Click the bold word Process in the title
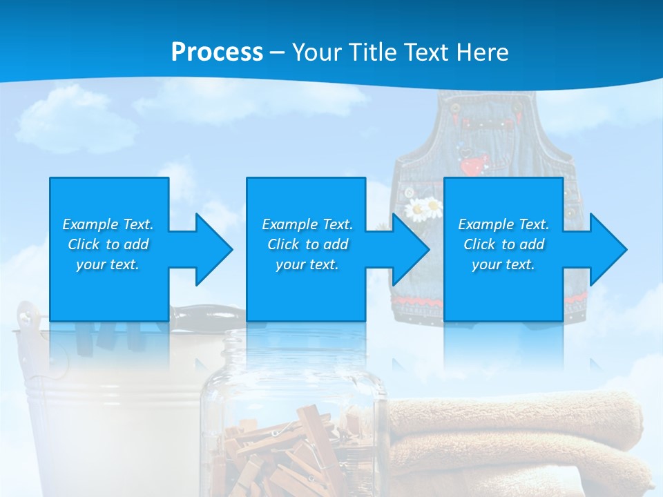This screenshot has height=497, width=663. tap(217, 52)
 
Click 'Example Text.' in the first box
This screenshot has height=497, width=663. tap(108, 224)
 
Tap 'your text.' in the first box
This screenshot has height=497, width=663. tap(108, 264)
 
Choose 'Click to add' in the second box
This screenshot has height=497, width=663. tap(307, 244)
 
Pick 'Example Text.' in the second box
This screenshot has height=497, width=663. tap(307, 224)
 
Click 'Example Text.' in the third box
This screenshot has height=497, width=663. tap(503, 224)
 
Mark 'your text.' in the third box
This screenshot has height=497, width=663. tap(503, 264)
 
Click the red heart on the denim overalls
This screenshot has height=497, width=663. tap(472, 166)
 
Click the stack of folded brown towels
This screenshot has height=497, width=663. tap(518, 442)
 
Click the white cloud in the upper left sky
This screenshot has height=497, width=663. tap(76, 121)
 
